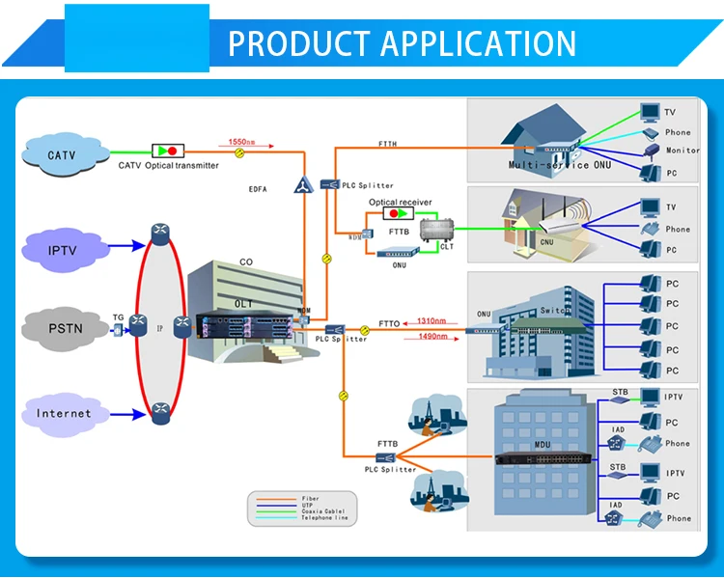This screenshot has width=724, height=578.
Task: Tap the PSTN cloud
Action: pyautogui.click(x=66, y=328)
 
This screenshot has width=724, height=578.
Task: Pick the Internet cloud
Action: pyautogui.click(x=64, y=413)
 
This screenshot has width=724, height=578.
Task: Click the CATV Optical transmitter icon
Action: pyautogui.click(x=168, y=151)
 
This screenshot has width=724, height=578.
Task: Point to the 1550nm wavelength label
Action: pyautogui.click(x=241, y=142)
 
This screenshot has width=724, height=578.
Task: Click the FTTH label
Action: pyautogui.click(x=386, y=144)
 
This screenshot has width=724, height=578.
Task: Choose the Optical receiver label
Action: pyautogui.click(x=401, y=202)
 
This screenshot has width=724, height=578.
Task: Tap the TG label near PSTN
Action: pyautogui.click(x=118, y=317)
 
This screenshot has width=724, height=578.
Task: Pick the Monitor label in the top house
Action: pyautogui.click(x=682, y=151)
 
